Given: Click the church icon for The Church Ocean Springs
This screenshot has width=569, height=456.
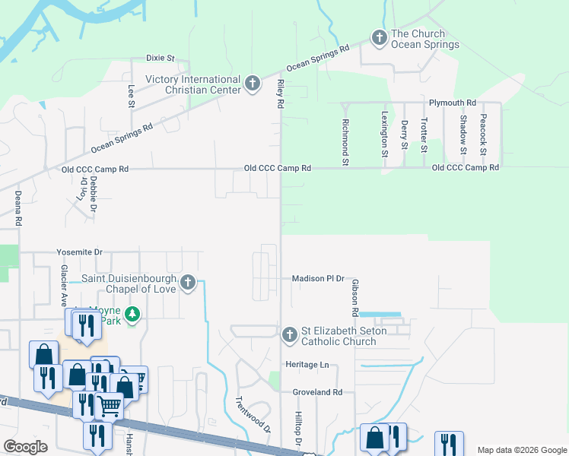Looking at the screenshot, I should pyautogui.click(x=379, y=36).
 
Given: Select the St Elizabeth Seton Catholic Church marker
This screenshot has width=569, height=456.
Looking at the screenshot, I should pyautogui.click(x=289, y=334).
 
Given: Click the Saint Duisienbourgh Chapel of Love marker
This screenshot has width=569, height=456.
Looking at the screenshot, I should pyautogui.click(x=187, y=284).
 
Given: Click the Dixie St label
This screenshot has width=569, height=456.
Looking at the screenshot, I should pyautogui.click(x=161, y=58).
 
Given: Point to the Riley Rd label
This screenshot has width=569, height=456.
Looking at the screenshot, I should pyautogui.click(x=280, y=92).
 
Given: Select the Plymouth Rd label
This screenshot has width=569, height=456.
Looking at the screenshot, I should pyautogui.click(x=452, y=103).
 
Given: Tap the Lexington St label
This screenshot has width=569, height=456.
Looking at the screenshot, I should pyautogui.click(x=385, y=135).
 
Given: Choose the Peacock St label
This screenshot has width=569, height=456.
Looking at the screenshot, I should pyautogui.click(x=483, y=133).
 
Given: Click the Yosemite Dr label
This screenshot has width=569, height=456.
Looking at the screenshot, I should pyautogui.click(x=79, y=252).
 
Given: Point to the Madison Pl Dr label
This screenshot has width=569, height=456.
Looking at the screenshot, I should pyautogui.click(x=318, y=279).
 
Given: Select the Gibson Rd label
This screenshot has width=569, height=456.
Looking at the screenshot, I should pyautogui.click(x=354, y=297).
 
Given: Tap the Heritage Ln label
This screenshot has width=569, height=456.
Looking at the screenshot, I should pyautogui.click(x=307, y=365).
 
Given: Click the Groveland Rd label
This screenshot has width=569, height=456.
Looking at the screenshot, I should pyautogui.click(x=317, y=392).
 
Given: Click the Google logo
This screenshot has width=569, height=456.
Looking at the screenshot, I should pyautogui.click(x=25, y=447).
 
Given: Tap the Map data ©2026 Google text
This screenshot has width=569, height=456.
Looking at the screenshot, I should pyautogui.click(x=521, y=450).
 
